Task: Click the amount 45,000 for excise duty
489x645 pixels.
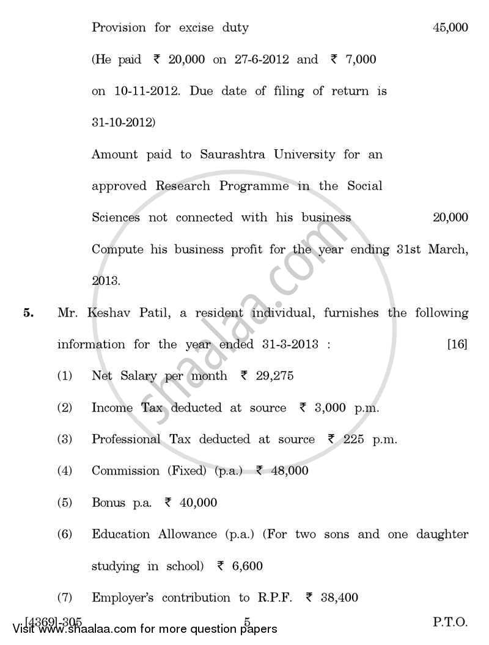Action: pos(450,28)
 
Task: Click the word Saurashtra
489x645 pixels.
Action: pos(233,155)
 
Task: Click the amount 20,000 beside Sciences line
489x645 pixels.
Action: pos(450,218)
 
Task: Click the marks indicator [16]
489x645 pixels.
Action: pos(457,344)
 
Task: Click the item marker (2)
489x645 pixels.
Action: pos(65,408)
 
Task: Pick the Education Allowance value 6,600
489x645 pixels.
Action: pos(247,566)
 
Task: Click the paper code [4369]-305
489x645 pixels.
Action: pos(54,621)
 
